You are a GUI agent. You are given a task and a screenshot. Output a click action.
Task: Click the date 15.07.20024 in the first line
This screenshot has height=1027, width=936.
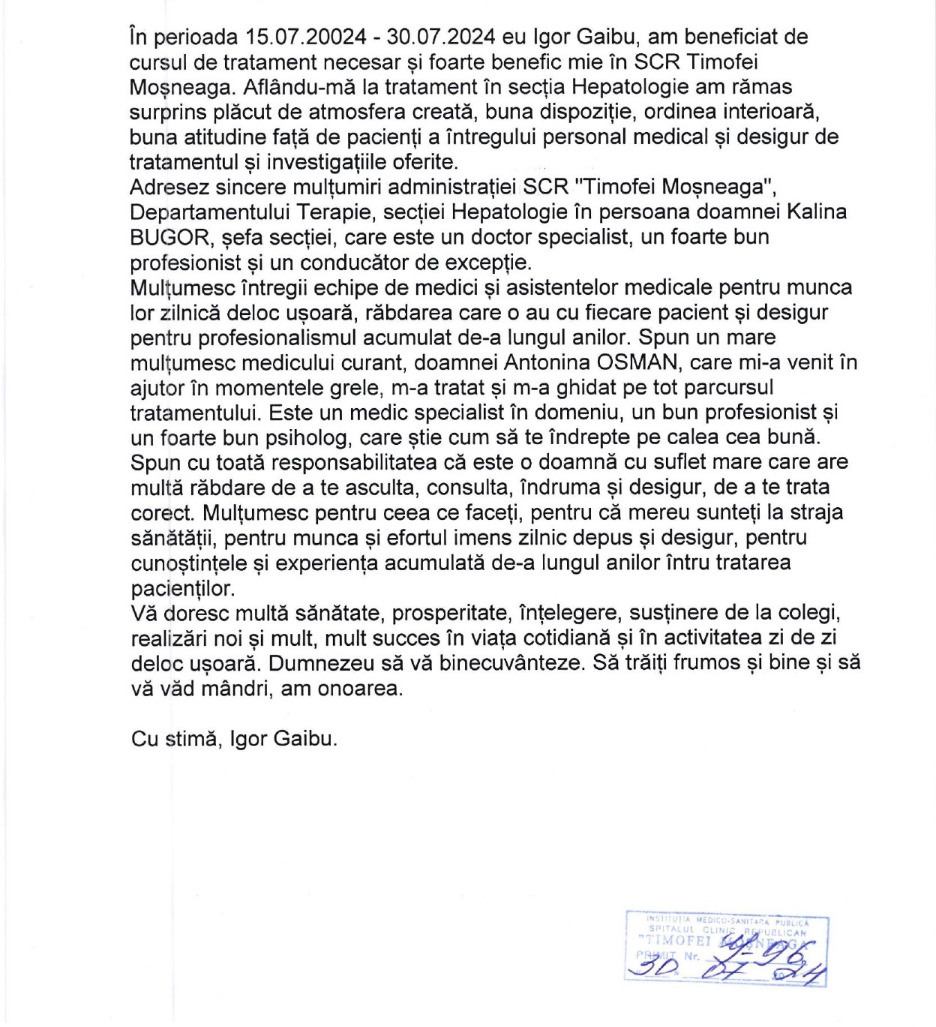pos(307,37)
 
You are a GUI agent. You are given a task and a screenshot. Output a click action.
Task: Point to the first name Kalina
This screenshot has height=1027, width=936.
pos(816,212)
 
